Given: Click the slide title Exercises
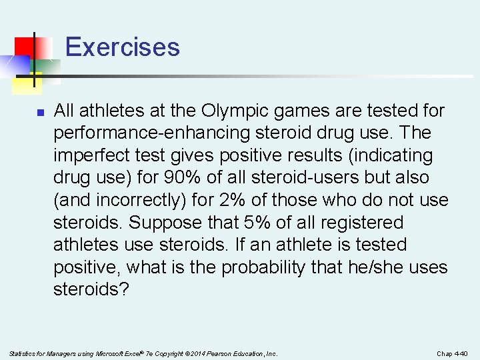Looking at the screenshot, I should point(123,47).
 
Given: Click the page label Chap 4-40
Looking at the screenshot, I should point(452,353).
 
